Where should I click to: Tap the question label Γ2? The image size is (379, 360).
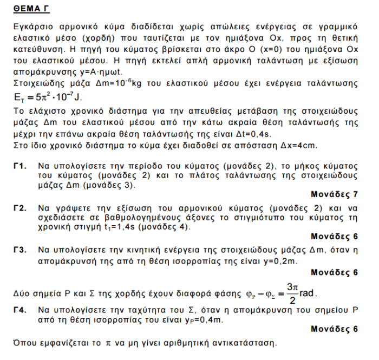point(21,207)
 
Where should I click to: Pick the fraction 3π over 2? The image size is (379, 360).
point(293,294)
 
